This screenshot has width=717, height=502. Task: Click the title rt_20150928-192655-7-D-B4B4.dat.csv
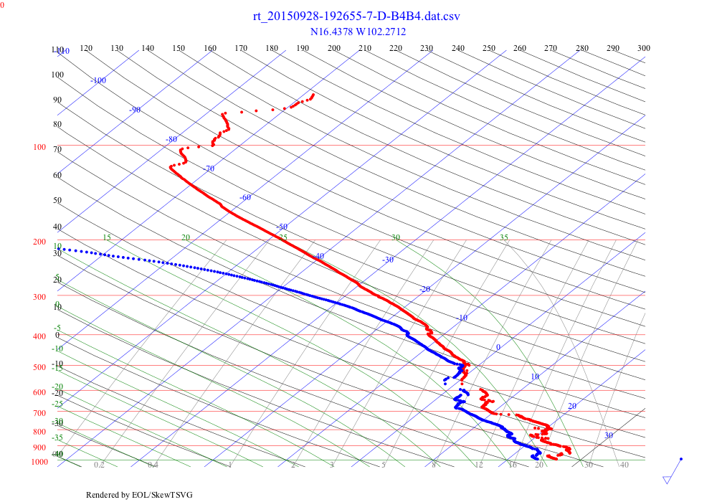coord(356,16)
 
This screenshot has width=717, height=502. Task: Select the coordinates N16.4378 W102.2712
coord(356,32)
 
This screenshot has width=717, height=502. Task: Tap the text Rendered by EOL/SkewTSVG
coord(139,495)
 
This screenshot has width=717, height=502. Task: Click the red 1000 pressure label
coord(39,462)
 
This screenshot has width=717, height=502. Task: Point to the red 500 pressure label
coord(39,368)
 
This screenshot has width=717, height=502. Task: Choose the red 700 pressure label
coord(39,414)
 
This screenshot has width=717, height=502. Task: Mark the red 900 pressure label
coord(39,448)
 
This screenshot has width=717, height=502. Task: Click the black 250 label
coord(489,48)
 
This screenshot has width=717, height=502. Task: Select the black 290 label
coord(613,48)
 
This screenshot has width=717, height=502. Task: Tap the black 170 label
coord(241,48)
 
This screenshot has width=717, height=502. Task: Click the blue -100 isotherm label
coord(98,80)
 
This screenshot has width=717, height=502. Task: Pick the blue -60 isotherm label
coord(245,197)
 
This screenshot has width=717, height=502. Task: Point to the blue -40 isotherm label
coord(318,256)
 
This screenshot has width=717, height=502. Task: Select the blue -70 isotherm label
coord(209,169)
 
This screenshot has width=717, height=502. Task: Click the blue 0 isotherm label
coord(498,347)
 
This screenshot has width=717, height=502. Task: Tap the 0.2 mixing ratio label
coord(100,465)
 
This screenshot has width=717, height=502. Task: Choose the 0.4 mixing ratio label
coord(153,465)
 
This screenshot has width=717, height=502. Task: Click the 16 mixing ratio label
coord(513,465)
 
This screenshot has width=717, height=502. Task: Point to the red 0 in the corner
coord(2,4)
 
